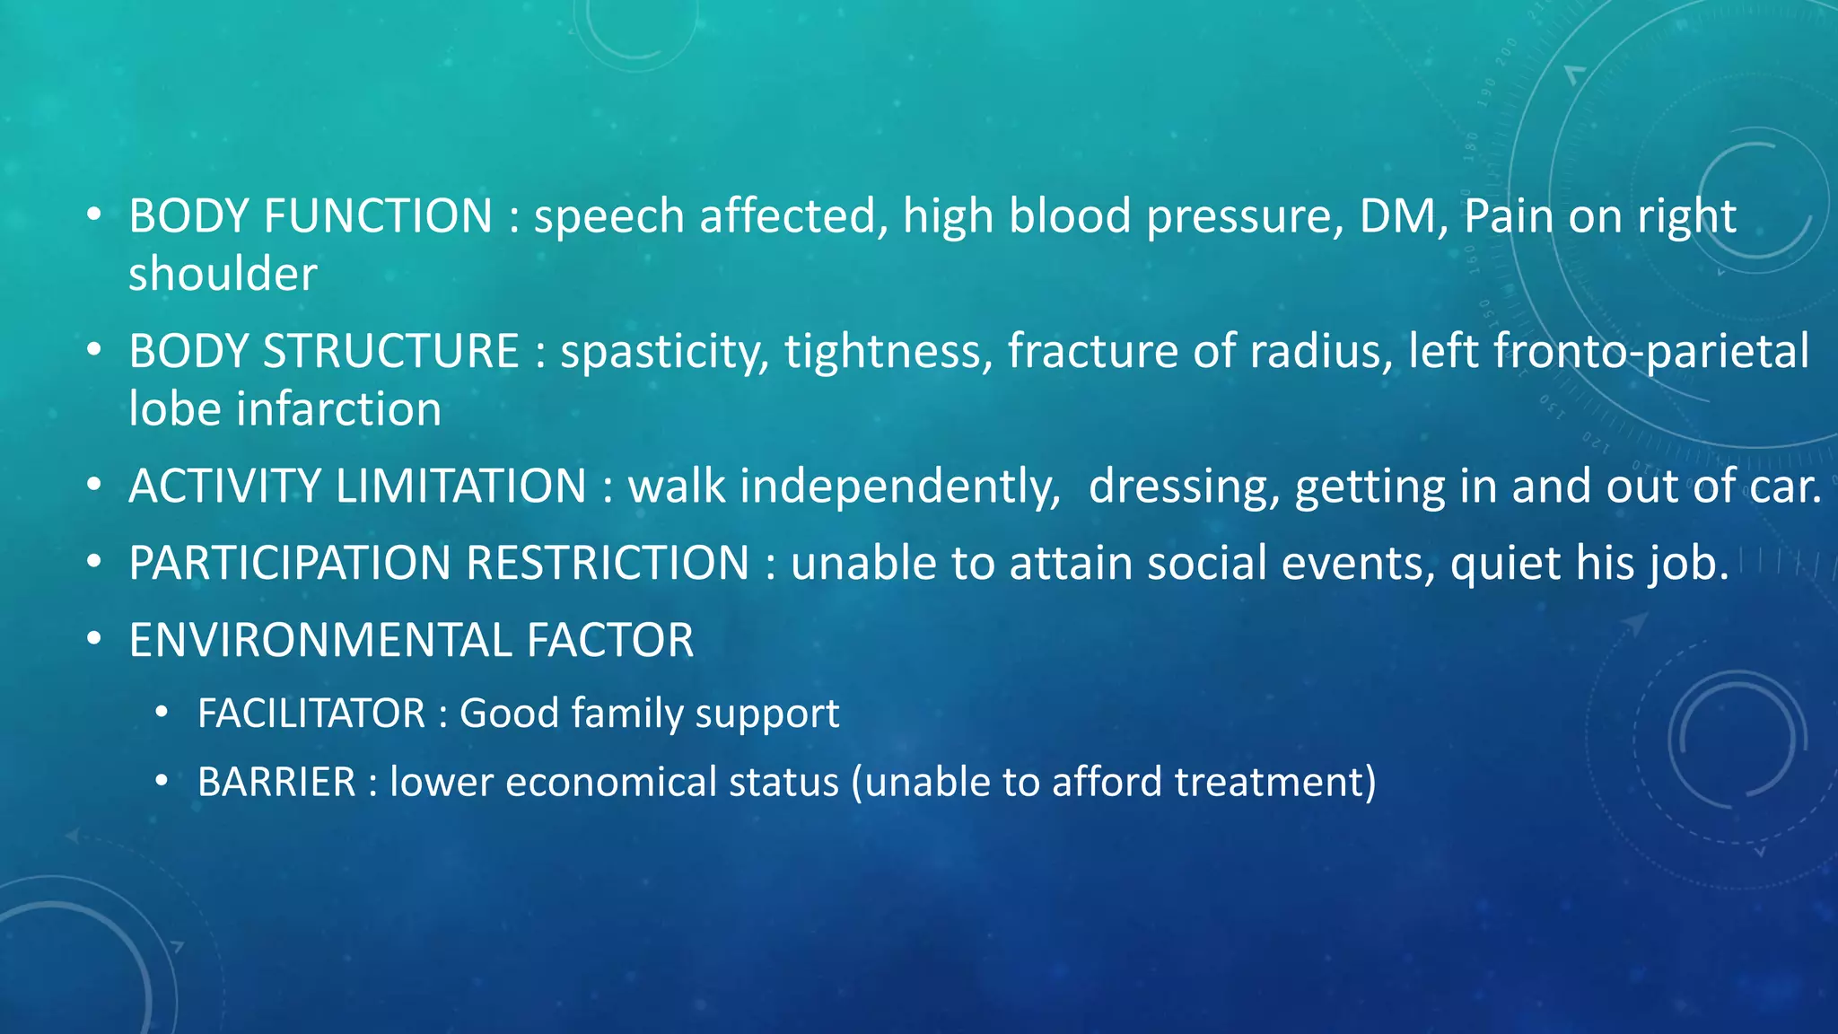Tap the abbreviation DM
click(1398, 216)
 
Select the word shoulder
click(223, 275)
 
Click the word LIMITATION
click(460, 486)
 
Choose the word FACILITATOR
click(311, 714)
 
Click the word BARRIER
click(276, 782)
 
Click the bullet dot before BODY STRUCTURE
click(94, 351)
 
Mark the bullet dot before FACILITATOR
click(162, 714)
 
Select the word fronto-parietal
click(1651, 351)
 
